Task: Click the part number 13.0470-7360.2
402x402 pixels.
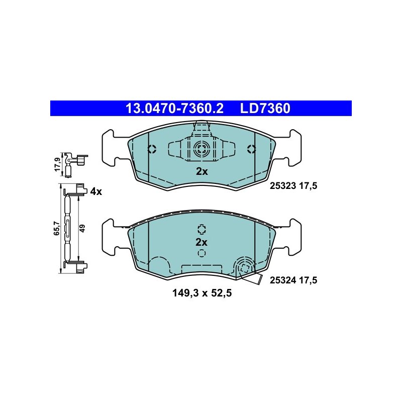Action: point(174,108)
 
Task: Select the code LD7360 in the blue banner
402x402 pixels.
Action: point(265,108)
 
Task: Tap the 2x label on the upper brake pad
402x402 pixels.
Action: point(202,171)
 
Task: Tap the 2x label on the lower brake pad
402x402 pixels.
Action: point(202,242)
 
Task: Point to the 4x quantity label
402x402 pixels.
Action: point(96,191)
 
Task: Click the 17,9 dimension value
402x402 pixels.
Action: point(57,165)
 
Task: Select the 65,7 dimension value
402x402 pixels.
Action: point(56,228)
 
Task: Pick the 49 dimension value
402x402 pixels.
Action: point(82,228)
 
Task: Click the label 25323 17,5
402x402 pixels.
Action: point(293,185)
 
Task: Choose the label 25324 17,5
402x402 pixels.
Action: point(293,280)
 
